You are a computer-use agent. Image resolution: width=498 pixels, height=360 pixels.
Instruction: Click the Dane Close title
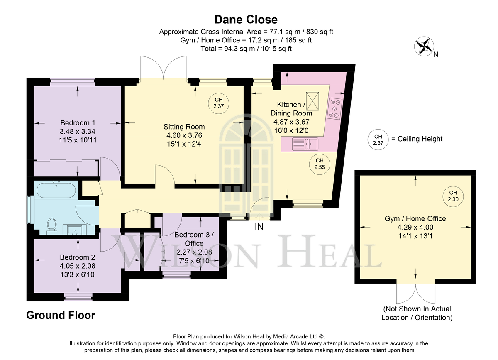tap(246, 20)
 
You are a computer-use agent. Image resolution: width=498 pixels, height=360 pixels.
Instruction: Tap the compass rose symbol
tap(424, 46)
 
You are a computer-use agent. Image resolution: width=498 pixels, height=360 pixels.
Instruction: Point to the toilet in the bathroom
tap(52, 225)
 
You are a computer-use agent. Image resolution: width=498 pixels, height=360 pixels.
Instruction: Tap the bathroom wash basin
tap(75, 230)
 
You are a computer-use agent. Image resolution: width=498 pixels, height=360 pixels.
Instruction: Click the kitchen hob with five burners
tap(334, 109)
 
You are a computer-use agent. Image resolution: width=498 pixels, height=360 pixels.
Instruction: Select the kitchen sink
tap(305, 144)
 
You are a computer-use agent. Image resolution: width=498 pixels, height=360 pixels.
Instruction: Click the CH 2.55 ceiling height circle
tap(320, 164)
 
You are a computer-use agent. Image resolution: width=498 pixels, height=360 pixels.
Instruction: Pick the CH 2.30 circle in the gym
tap(453, 196)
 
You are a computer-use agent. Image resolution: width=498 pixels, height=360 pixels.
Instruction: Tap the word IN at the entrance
tap(259, 227)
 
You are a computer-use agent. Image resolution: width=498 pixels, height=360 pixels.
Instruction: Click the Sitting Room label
tap(184, 127)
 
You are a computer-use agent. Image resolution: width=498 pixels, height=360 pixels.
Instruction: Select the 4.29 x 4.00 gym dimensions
tap(415, 227)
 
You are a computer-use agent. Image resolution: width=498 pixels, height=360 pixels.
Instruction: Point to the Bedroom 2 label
tap(77, 257)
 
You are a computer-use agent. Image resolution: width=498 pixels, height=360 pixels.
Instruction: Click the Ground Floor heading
tap(61, 315)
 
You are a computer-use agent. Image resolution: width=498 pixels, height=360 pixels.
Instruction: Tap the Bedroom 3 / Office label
tap(194, 239)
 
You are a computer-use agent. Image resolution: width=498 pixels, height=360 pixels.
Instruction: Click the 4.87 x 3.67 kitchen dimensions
tap(291, 122)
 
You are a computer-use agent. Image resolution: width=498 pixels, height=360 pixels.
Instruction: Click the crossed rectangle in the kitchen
tap(312, 101)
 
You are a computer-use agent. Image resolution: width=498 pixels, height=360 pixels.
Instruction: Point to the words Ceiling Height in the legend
tap(420, 139)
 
